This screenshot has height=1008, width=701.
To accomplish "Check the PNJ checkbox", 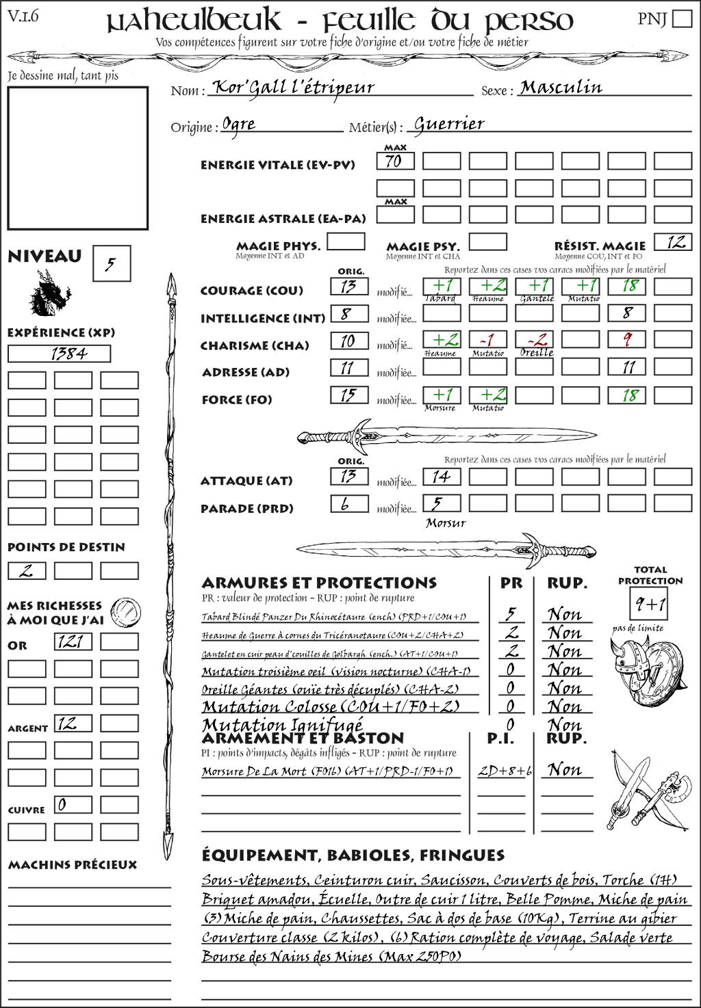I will (682, 18).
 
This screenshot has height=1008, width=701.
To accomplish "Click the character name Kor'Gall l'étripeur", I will (294, 88).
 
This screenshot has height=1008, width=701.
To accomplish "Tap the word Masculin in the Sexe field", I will (561, 88).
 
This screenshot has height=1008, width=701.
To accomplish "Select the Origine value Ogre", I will (239, 124).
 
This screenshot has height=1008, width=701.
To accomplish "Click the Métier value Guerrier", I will (449, 124).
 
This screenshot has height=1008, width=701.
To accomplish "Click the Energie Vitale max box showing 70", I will (395, 161).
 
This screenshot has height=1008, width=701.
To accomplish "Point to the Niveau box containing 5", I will (111, 264).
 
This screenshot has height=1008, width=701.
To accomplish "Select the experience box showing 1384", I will (58, 354).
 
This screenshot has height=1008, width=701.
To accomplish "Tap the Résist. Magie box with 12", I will (672, 242).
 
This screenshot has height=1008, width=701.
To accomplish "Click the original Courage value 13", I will (348, 286).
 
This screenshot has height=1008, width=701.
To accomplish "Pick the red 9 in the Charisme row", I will (627, 340).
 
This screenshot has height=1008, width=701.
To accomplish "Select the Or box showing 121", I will (73, 641).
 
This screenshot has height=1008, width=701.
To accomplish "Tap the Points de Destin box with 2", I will (27, 570).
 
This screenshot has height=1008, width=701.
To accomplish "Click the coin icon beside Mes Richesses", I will (126, 611).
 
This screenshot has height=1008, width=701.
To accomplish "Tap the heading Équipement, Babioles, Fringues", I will (353, 855).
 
